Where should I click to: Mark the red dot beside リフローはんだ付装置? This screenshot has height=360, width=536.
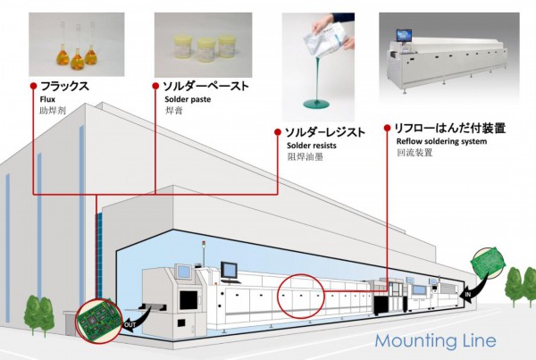(387, 128)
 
